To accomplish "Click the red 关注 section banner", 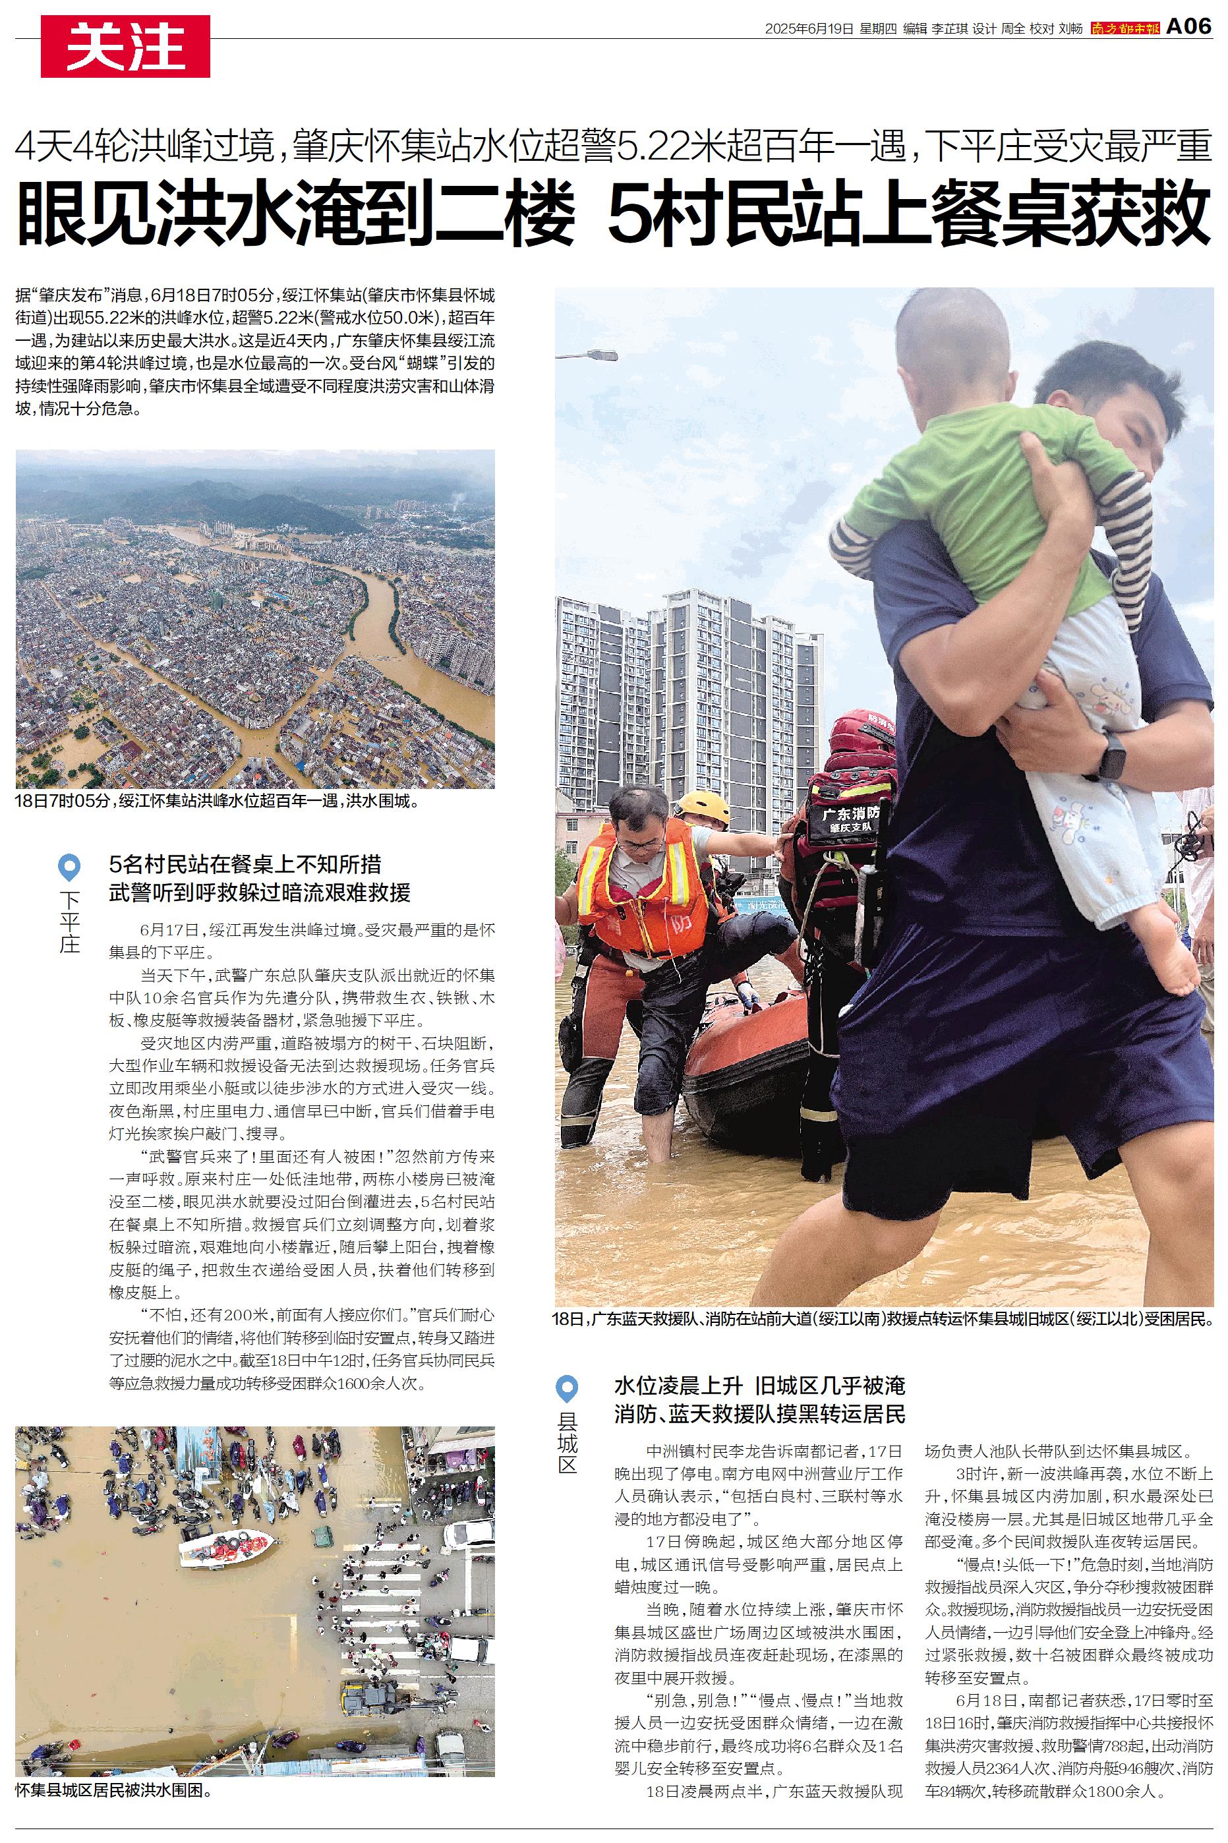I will tap(125, 47).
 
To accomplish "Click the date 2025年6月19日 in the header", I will tap(808, 29).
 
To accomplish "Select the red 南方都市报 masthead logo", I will tap(1125, 29).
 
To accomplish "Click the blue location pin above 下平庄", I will tap(70, 867).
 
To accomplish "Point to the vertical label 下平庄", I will tap(70, 921).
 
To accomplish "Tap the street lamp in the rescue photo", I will tap(587, 355).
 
